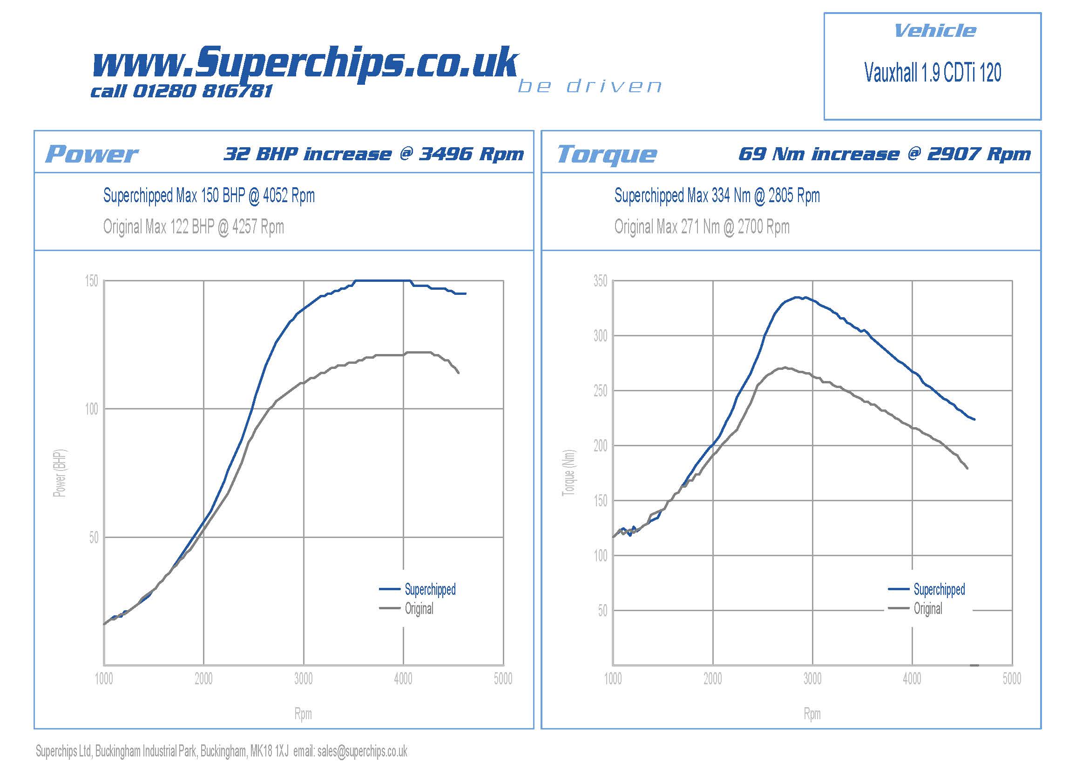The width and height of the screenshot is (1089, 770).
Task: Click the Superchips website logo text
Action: (x=304, y=62)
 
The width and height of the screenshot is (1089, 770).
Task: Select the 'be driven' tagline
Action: (x=589, y=87)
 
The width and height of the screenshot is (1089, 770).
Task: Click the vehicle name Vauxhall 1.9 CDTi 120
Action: (x=933, y=73)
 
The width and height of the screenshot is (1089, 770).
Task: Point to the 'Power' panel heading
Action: (x=92, y=154)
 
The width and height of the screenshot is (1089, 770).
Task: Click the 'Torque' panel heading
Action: (x=607, y=154)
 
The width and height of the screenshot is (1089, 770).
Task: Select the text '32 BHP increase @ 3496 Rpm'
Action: (x=374, y=154)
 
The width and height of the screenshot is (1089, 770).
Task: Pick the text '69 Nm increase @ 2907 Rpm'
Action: (x=885, y=154)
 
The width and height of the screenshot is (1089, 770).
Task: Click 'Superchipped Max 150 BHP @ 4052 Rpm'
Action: (x=209, y=196)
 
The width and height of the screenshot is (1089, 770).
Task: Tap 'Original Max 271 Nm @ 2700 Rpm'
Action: (x=702, y=227)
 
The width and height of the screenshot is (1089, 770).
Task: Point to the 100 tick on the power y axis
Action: (x=92, y=409)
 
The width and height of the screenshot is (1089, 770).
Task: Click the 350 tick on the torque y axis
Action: (x=600, y=281)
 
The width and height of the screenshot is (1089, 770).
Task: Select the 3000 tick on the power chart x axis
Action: (x=303, y=679)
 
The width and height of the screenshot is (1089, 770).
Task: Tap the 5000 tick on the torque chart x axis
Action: (x=1012, y=679)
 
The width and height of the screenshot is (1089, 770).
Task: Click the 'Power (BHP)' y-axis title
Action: (x=60, y=473)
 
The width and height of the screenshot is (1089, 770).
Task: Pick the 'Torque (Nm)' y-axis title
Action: (x=568, y=473)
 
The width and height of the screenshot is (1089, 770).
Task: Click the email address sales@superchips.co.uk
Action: (x=362, y=751)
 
